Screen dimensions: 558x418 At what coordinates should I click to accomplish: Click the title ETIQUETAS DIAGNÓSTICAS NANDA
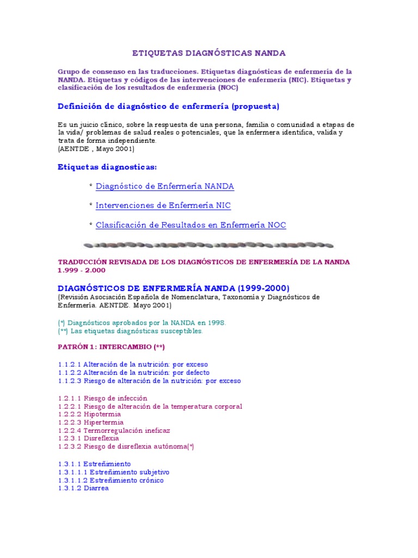[x=209, y=53]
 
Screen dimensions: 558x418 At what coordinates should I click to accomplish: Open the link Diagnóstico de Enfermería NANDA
[x=164, y=186]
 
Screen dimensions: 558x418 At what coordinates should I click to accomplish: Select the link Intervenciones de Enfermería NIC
[x=163, y=205]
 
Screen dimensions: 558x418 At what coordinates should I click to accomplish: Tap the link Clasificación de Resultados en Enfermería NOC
[x=190, y=225]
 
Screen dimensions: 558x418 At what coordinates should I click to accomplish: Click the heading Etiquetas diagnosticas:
[x=107, y=166]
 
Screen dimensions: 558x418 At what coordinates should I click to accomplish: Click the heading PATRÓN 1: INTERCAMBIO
[x=111, y=347]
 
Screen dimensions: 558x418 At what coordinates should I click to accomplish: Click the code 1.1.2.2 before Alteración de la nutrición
[x=70, y=372]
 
